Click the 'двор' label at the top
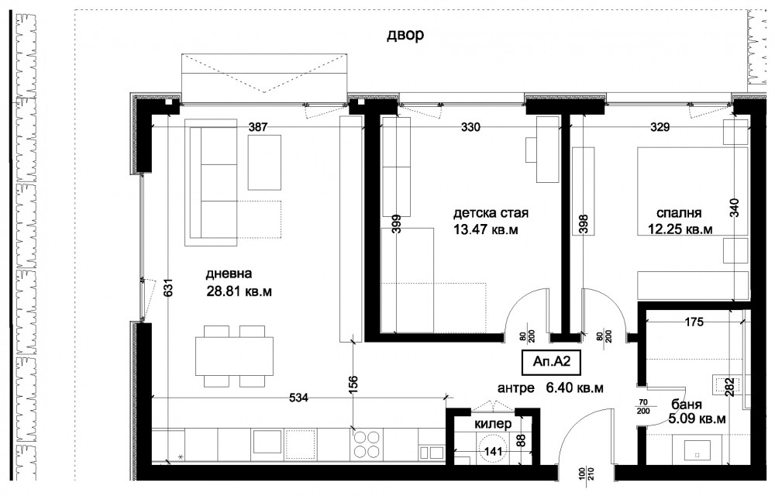405,36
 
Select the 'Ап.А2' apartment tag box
552,362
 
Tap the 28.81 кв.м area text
239,291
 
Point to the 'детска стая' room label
491,213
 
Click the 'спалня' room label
679,213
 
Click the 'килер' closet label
493,424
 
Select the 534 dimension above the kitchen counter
298,398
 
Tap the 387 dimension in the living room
257,127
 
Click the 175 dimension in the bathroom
694,322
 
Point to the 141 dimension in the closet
493,452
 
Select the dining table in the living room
234,356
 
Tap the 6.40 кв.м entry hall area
574,388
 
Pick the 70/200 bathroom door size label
643,407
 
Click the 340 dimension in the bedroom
734,208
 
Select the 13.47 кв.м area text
486,229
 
